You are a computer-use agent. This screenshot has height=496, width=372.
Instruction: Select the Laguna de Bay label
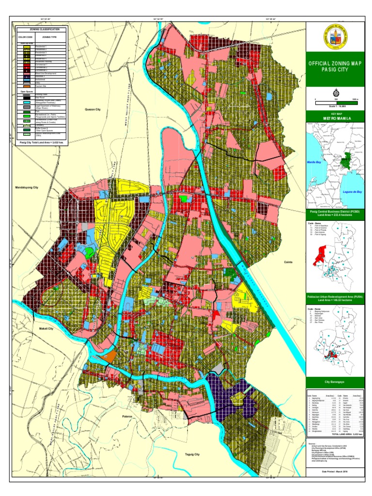click(x=352, y=192)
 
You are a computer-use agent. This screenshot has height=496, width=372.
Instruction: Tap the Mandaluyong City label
click(x=27, y=187)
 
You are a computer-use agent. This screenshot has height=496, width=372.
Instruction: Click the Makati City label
click(x=46, y=328)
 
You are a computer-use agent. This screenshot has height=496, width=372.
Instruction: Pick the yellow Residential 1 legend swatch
click(x=26, y=46)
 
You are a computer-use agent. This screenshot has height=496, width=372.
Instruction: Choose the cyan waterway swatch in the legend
click(x=26, y=101)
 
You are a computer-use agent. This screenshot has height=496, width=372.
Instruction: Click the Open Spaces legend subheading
click(x=27, y=91)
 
